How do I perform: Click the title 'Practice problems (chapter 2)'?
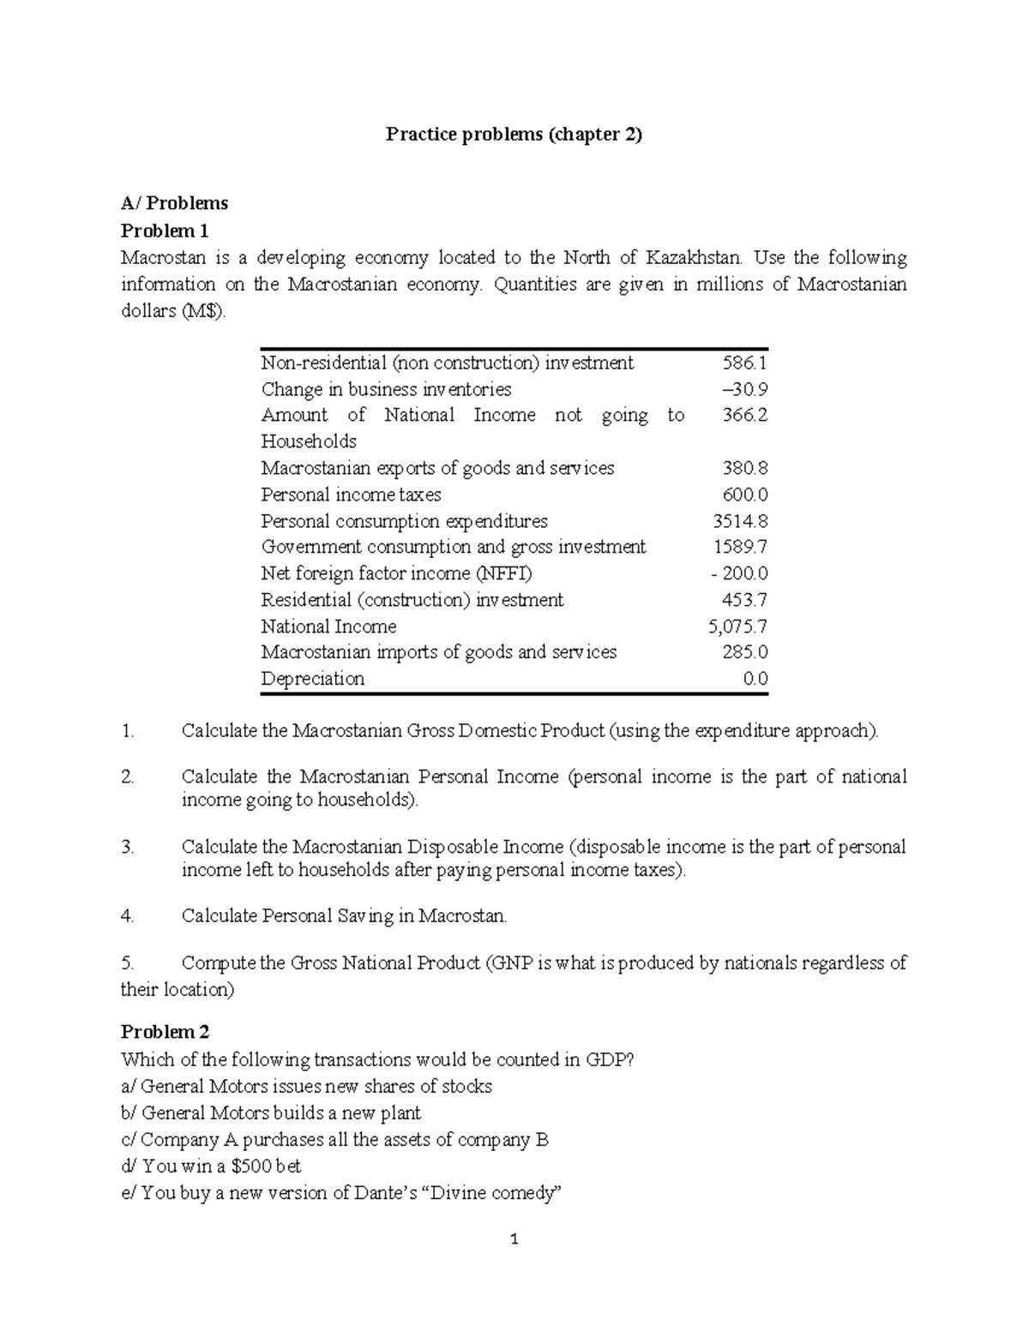pos(513,134)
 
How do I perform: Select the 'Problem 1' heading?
pos(165,231)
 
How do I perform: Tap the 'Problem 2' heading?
pos(165,1032)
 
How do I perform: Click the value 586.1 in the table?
pos(745,363)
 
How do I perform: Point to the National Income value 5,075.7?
pos(737,627)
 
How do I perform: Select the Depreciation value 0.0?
pos(755,679)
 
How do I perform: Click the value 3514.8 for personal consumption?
pos(740,521)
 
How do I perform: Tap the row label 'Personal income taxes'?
pos(351,495)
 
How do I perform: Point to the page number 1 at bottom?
pos(514,1239)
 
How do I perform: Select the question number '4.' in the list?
pos(128,916)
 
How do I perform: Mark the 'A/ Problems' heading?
pos(174,203)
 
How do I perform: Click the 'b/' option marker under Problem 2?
pos(129,1113)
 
